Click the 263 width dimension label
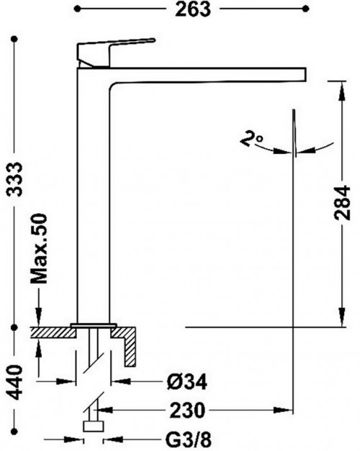pyautogui.click(x=193, y=9)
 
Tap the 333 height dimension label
pyautogui.click(x=14, y=179)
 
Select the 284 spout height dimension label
pyautogui.click(x=343, y=203)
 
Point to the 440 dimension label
pyautogui.click(x=14, y=383)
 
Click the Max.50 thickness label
pyautogui.click(x=39, y=248)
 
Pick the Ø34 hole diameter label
pyautogui.click(x=187, y=382)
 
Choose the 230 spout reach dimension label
pyautogui.click(x=187, y=410)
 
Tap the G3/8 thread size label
pyautogui.click(x=189, y=439)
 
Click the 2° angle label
pyautogui.click(x=251, y=138)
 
